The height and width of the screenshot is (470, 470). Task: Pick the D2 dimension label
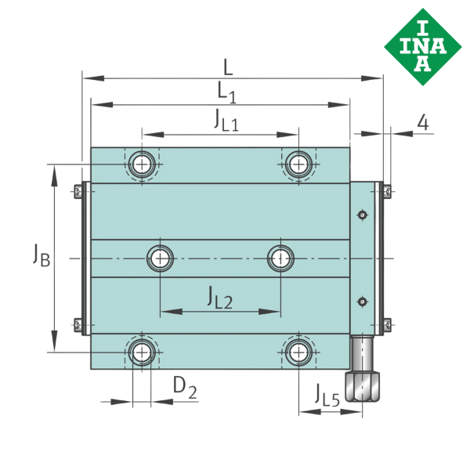coord(185,387)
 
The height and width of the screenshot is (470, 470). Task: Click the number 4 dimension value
coord(423,122)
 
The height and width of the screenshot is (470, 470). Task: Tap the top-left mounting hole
coord(142,164)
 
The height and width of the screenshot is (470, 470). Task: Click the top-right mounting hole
coord(298,164)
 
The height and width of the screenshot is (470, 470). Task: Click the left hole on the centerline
coord(161,257)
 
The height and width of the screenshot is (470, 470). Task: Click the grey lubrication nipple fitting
coord(365,377)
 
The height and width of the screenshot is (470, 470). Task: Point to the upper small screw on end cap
coord(361,215)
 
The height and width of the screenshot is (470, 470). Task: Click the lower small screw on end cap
coord(361,300)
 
